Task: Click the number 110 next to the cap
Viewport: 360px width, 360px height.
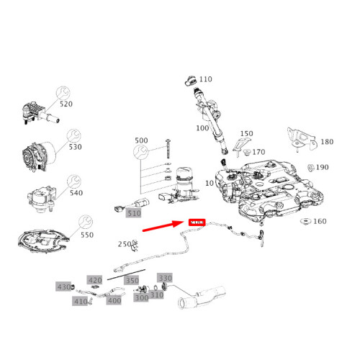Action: (205, 79)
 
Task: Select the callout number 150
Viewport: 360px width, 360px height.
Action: (246, 134)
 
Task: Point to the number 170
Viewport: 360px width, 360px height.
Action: (258, 152)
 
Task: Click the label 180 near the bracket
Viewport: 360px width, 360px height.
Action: (326, 142)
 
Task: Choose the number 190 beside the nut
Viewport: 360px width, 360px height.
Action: (322, 168)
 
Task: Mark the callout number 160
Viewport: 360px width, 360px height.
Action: (320, 221)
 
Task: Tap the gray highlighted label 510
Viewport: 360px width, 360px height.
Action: (134, 213)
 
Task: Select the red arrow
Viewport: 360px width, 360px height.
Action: (163, 228)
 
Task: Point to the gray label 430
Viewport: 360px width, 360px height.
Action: (63, 287)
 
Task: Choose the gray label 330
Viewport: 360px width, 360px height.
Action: (165, 278)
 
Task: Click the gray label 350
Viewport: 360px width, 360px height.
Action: (132, 280)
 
